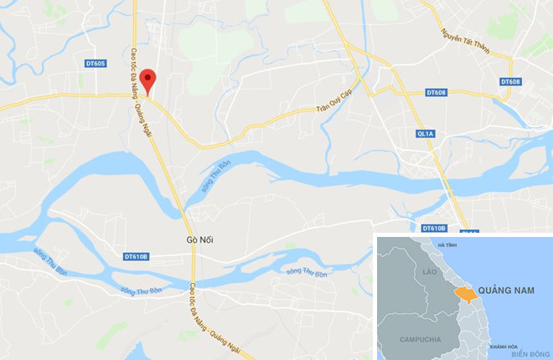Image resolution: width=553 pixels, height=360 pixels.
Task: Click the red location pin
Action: pyautogui.click(x=148, y=81)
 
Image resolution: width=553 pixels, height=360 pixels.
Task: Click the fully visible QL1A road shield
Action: pyautogui.click(x=425, y=134)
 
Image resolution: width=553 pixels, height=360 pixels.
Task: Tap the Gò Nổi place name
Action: pyautogui.click(x=200, y=240)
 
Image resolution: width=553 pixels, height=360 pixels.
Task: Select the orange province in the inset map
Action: pyautogui.click(x=463, y=294)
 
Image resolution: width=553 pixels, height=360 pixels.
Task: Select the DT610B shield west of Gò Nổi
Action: pyautogui.click(x=135, y=256)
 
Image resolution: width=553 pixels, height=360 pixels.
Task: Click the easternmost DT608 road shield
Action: pyautogui.click(x=510, y=81)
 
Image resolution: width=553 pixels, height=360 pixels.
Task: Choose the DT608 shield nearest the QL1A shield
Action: pyautogui.click(x=436, y=91)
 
